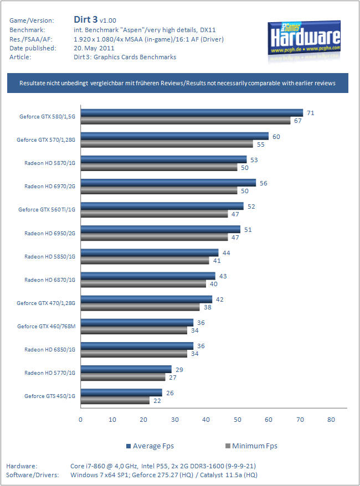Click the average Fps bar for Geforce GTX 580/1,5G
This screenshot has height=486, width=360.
192,113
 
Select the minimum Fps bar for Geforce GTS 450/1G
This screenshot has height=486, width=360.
115,400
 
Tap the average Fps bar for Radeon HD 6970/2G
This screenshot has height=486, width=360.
168,183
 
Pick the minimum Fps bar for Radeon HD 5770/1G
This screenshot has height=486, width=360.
123,377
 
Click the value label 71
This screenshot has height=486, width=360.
311,113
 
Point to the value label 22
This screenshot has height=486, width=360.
157,401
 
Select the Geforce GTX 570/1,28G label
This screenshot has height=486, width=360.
46,140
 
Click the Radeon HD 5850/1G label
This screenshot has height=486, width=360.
50,256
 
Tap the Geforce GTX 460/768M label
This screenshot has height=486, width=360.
47,326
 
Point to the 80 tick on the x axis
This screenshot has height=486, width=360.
331,420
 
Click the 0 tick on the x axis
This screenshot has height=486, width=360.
81,420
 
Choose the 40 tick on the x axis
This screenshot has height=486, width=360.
206,420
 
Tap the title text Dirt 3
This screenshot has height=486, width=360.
85,20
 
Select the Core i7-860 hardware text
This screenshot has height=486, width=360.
163,466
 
